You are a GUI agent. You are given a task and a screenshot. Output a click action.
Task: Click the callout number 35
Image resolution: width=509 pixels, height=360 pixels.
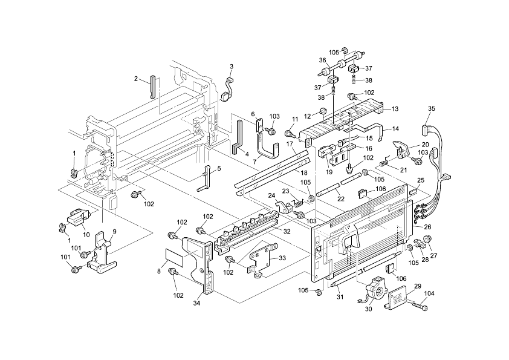[x=431, y=108]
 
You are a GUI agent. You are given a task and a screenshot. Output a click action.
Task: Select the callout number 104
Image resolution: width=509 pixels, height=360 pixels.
[x=429, y=293]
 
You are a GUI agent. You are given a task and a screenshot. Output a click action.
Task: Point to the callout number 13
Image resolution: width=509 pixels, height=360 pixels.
[x=395, y=109]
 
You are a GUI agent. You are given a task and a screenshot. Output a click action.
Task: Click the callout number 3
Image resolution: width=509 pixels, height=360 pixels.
[x=232, y=67]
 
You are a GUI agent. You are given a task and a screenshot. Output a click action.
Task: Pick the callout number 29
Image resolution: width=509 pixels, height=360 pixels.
[x=418, y=286]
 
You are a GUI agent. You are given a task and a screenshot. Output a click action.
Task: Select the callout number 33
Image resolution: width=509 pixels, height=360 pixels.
[x=282, y=258]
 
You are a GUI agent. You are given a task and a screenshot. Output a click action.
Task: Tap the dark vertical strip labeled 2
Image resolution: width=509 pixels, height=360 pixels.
[x=152, y=87]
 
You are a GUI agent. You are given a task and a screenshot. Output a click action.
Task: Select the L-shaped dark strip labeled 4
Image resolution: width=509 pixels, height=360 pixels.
[x=238, y=137]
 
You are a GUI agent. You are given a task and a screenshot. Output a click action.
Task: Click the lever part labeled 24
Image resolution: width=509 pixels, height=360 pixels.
[x=284, y=207]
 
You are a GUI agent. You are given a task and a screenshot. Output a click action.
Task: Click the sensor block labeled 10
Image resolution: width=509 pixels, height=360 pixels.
[x=78, y=217]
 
